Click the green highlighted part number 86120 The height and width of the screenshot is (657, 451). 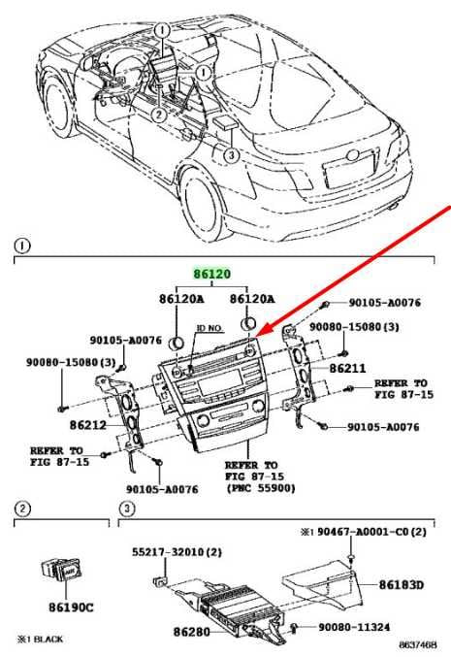(211, 274)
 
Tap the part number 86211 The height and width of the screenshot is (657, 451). (347, 369)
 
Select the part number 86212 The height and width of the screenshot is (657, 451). (88, 425)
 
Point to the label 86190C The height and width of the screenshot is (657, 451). (71, 608)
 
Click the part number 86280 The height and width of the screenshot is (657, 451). (191, 632)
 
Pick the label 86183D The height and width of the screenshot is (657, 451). (402, 584)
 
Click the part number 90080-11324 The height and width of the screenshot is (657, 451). (354, 627)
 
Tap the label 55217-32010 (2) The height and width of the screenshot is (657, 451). (177, 552)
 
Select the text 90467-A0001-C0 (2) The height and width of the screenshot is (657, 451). (371, 532)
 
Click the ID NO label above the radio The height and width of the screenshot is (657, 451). (209, 328)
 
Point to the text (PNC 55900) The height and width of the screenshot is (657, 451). (261, 488)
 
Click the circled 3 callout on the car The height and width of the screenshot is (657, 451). (231, 155)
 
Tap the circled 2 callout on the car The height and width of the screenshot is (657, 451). (159, 114)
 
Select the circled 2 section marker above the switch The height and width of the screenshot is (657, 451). (22, 509)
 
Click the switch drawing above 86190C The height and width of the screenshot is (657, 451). (63, 571)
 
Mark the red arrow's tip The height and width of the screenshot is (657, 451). (255, 337)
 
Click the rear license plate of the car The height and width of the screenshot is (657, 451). (348, 170)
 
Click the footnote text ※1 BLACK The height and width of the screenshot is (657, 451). (40, 639)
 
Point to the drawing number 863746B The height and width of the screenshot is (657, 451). (417, 644)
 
